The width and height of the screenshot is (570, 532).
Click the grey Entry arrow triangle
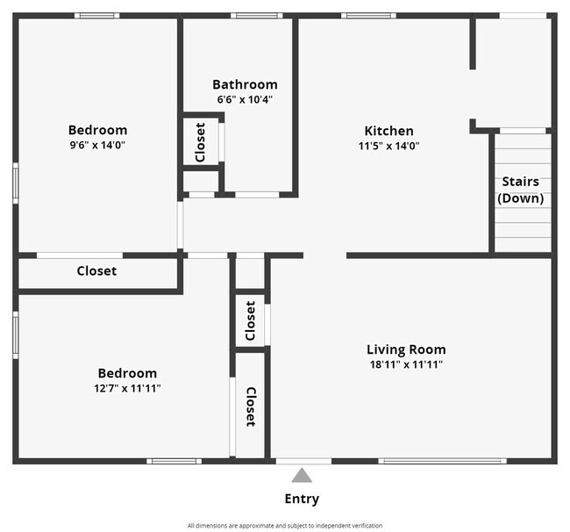302,476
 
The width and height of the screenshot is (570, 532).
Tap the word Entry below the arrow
302,499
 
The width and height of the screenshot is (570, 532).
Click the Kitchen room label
389,131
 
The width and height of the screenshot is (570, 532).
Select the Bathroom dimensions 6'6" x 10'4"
245,99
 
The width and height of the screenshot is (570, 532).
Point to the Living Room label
406,349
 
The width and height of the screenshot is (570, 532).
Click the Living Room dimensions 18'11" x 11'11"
406,364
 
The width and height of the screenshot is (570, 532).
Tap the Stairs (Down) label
521,190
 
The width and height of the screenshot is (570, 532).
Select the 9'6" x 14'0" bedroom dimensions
97,145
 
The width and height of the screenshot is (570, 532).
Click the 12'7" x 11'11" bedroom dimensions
127,388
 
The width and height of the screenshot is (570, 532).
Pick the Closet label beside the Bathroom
200,142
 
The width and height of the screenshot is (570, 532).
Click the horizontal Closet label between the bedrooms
96,270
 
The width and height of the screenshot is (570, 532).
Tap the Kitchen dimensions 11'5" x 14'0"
389,146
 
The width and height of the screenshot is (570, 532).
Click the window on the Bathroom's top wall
257,16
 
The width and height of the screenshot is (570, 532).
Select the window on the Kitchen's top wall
368,16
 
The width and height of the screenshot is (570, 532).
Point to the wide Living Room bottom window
442,461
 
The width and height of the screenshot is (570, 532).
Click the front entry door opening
303,461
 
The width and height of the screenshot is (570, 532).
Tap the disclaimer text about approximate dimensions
285,526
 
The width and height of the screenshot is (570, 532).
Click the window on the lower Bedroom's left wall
16,335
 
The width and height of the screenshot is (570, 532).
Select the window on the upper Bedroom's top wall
97,16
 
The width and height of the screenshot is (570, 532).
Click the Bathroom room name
245,84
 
